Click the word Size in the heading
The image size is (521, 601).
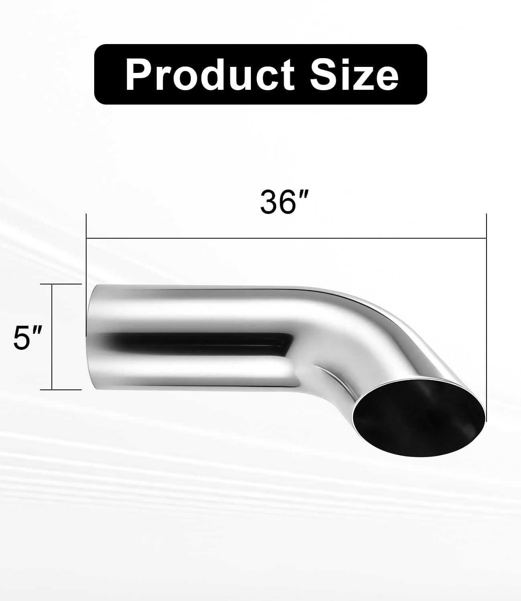pos(354,75)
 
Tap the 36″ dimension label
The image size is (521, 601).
pos(284,202)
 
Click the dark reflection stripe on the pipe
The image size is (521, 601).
pos(201,344)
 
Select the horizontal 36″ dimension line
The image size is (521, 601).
pos(286,238)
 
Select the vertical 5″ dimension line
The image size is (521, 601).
pos(52,337)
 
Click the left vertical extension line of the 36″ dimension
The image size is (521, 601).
pos(86,275)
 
